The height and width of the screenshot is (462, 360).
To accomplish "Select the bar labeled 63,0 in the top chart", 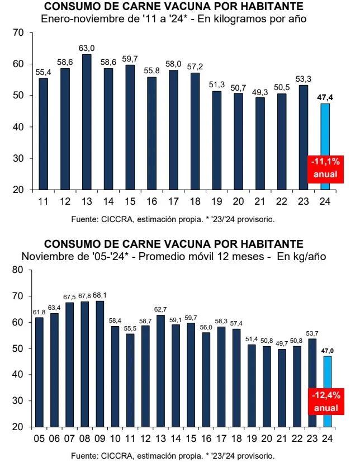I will [87, 122].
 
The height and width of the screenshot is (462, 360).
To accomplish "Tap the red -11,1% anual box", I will [325, 168].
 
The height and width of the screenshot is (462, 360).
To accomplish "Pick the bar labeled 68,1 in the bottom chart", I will [100, 364].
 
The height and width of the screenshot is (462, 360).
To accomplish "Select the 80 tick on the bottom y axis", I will [17, 270].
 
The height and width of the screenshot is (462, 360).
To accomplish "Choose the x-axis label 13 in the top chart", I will [87, 201].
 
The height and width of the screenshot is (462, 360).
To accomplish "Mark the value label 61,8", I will [39, 312].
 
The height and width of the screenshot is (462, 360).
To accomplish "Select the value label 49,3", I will [260, 92].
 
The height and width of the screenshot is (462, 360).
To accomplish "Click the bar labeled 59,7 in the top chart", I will [130, 128].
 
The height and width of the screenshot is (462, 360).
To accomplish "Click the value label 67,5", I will [69, 297].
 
